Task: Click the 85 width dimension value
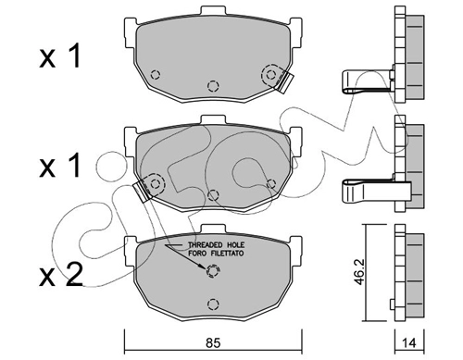(x=213, y=343)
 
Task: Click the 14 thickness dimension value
(x=409, y=343)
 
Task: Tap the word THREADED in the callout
(x=206, y=245)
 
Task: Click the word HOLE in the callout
(x=235, y=245)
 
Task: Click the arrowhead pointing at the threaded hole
(x=202, y=267)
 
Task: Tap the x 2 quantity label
(x=61, y=275)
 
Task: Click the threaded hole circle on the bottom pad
(x=212, y=271)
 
